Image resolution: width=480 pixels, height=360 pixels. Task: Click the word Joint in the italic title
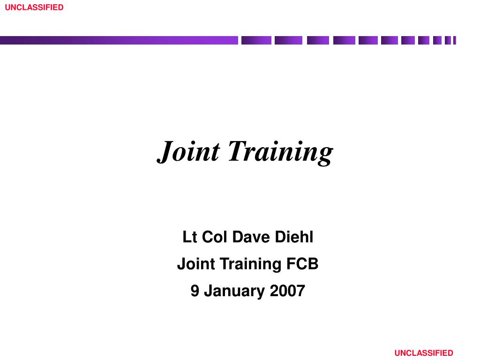click(188, 151)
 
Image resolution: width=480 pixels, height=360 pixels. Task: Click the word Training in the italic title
click(280, 152)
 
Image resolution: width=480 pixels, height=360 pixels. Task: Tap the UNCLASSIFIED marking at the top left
click(34, 7)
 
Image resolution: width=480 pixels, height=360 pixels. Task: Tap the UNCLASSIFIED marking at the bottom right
click(424, 353)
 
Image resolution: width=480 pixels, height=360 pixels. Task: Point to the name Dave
click(251, 237)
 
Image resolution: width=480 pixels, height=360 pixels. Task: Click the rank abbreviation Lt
click(189, 237)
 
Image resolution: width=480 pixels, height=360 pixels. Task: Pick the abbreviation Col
click(215, 237)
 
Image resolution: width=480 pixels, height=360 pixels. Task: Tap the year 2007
click(287, 291)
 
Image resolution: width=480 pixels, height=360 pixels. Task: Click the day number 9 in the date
click(195, 291)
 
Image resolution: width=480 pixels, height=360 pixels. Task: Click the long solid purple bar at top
click(119, 40)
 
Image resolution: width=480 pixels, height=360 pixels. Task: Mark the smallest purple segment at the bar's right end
click(455, 40)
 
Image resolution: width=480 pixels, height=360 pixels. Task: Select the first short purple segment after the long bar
click(256, 40)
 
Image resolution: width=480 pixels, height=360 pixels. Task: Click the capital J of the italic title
click(165, 151)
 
